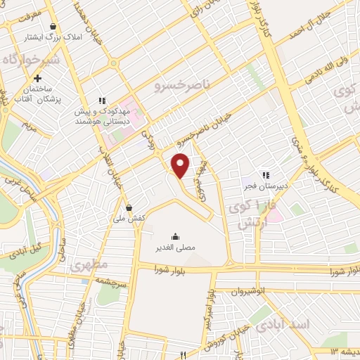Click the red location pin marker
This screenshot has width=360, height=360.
coord(181,165)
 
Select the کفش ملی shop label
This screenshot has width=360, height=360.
coord(129,219)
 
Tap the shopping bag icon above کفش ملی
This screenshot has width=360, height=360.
coord(129,207)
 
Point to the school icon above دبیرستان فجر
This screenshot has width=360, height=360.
coord(264,175)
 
